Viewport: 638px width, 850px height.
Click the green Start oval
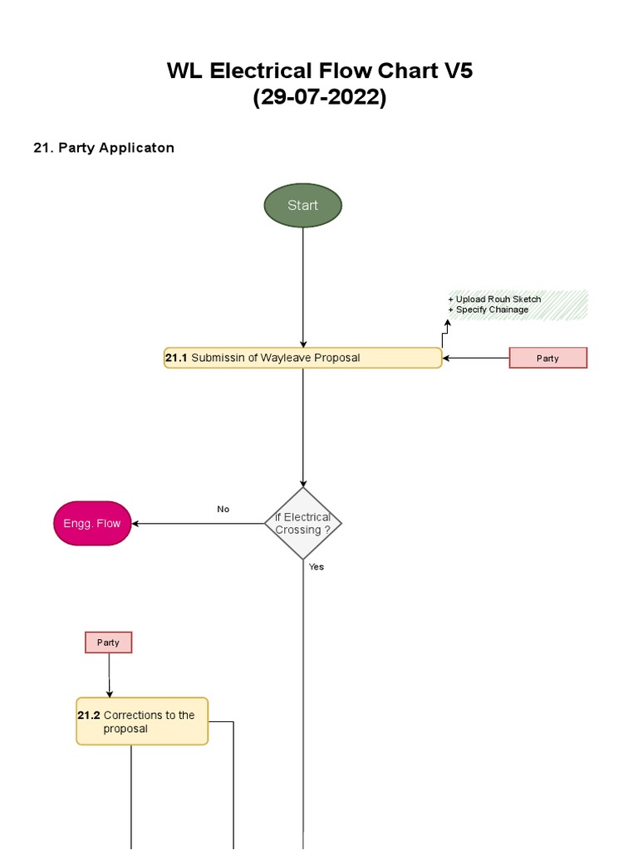point(302,205)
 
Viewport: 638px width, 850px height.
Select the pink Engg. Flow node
point(92,523)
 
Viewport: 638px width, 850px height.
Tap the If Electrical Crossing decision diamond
point(302,523)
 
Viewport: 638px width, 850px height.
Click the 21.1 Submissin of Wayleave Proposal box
point(302,358)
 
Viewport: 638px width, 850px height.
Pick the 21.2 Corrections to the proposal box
point(142,721)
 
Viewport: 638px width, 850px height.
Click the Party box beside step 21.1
point(547,358)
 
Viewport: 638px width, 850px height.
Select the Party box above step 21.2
point(108,642)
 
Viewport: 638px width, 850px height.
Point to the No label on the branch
point(223,509)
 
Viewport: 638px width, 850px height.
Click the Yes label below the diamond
point(317,567)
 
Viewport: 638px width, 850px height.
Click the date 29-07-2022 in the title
point(320,97)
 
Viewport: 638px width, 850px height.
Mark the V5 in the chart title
point(457,71)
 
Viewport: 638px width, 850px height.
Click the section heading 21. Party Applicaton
point(104,148)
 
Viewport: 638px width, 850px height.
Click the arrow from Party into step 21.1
point(475,358)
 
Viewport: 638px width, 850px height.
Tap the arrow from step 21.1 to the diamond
point(302,427)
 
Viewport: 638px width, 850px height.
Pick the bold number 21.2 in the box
point(89,715)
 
